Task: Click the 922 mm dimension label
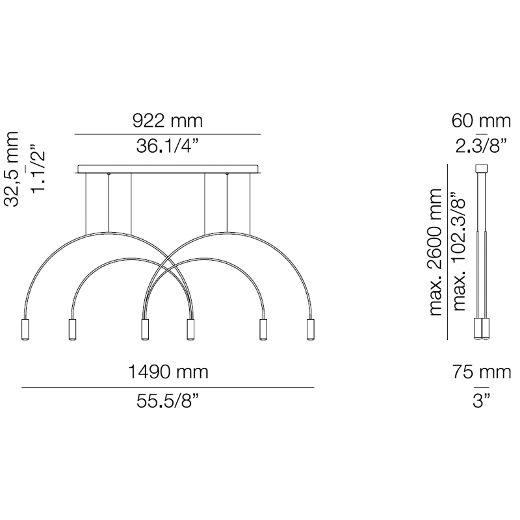point(168,121)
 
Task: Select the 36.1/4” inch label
point(168,146)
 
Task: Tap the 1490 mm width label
point(168,372)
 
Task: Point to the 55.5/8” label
point(168,401)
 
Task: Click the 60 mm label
point(481,121)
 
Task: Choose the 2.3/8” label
point(481,146)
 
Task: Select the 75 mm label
point(482,372)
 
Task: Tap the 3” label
point(482,401)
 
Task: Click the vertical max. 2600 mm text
point(435,252)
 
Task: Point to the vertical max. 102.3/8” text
point(460,252)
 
